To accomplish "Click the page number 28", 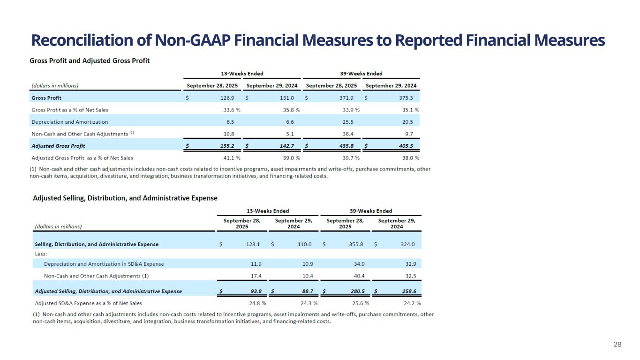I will point(617,345).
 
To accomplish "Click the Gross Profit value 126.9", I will point(227,98).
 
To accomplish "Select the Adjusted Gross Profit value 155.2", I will point(227,146).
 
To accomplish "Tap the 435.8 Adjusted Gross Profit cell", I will point(346,146).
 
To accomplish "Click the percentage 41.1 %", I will point(232,158).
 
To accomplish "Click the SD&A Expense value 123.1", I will point(253,244).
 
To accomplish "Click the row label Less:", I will point(41,254).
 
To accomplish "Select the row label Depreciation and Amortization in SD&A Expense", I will point(104,264).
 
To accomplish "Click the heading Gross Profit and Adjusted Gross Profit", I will point(90,60).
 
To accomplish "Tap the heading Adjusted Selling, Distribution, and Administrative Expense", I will point(125,198).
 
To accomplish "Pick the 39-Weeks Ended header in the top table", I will point(361,74).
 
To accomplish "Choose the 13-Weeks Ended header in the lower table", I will point(268,211).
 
